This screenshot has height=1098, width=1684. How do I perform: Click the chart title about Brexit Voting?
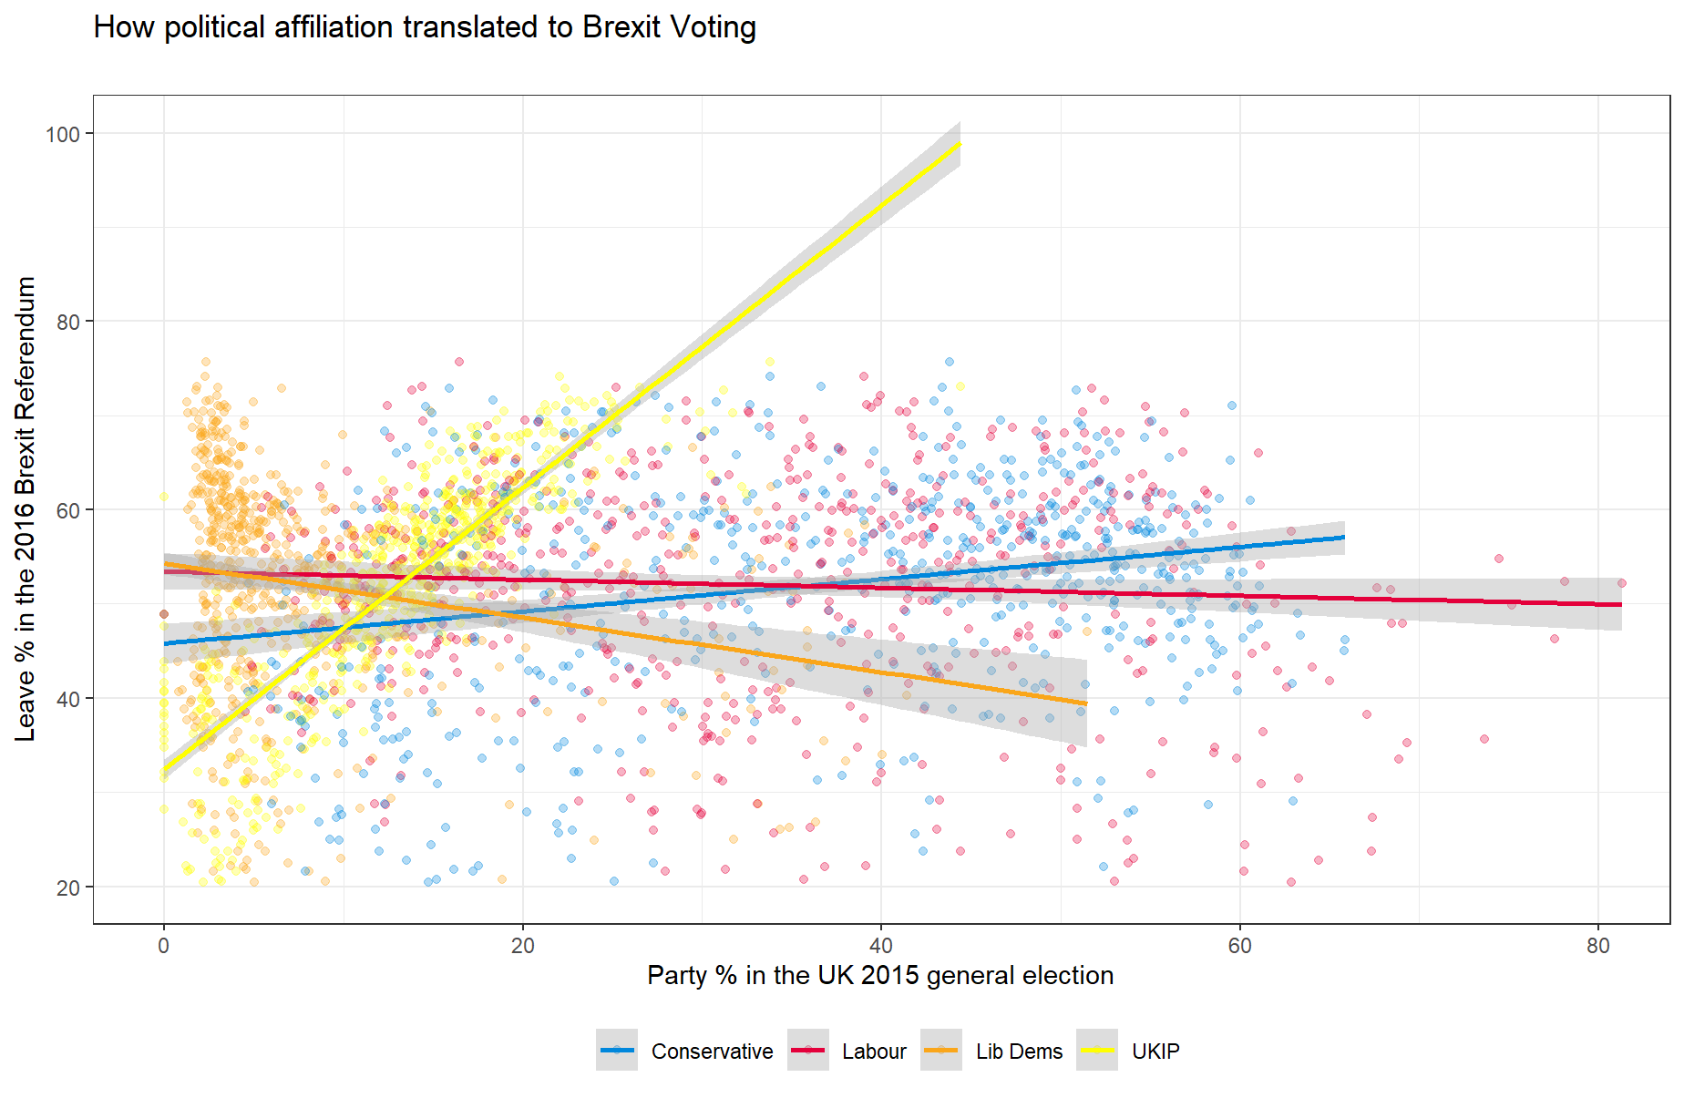click(x=425, y=27)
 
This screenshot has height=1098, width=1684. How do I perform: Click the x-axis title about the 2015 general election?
click(x=880, y=975)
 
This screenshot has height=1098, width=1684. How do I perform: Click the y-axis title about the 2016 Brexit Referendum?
click(x=26, y=508)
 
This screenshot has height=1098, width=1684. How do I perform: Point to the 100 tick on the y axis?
click(x=63, y=134)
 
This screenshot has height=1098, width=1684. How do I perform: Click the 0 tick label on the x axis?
click(x=164, y=946)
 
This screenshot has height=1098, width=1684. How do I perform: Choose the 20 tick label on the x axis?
click(x=523, y=946)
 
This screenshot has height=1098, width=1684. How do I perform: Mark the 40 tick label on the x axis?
click(x=881, y=946)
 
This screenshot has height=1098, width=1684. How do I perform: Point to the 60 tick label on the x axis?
click(x=1240, y=946)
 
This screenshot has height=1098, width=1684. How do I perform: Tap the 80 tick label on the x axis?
click(x=1598, y=946)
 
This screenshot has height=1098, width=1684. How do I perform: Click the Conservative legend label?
click(x=712, y=1052)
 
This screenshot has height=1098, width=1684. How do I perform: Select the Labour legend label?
click(x=874, y=1052)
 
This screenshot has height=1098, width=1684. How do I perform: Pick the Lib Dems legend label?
click(x=1019, y=1052)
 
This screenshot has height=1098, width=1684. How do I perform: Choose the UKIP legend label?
click(x=1155, y=1052)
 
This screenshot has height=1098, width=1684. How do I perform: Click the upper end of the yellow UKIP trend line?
click(x=960, y=144)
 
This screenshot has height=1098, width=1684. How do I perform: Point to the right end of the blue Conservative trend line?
click(x=1344, y=538)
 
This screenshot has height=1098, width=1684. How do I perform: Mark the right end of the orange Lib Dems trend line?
click(x=1086, y=703)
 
